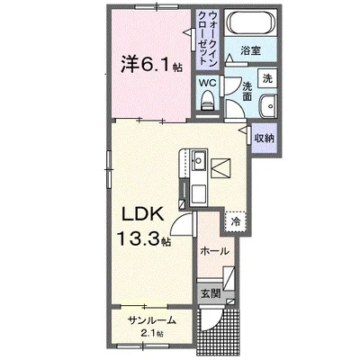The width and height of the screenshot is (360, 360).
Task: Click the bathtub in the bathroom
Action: point(250,22)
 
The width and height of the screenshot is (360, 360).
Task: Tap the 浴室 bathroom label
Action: point(250,50)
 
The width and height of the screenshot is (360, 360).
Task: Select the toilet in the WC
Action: point(207,101)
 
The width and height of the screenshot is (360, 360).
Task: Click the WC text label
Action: point(208,83)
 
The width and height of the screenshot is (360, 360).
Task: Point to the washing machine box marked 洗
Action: point(267,78)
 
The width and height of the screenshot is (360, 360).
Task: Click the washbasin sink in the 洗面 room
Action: point(268,106)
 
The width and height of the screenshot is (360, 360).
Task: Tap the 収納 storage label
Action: point(265,138)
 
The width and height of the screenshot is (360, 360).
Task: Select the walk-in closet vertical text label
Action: point(208,38)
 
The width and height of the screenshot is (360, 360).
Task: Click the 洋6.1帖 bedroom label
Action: point(151,65)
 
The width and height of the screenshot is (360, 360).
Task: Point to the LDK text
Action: point(142,214)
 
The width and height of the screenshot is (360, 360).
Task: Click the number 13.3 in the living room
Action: point(139,238)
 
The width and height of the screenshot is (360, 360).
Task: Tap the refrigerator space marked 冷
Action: point(236,222)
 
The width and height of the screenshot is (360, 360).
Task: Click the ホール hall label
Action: point(214,251)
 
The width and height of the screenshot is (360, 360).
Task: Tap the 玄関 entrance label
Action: point(211,293)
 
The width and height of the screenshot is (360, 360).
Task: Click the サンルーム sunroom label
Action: point(151,320)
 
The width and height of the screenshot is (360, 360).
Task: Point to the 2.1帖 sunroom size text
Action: point(152,333)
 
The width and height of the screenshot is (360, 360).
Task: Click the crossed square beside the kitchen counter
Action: point(221,169)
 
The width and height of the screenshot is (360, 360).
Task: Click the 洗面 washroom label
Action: point(247,91)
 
